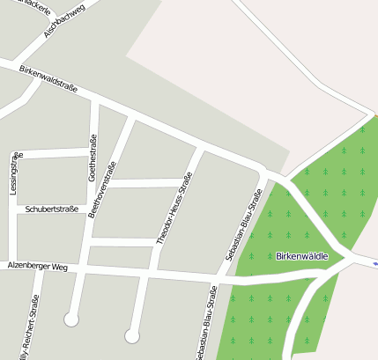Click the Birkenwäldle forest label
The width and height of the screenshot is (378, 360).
pyautogui.click(x=301, y=256)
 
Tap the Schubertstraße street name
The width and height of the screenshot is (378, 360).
pyautogui.click(x=58, y=209)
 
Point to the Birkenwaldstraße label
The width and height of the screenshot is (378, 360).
pyautogui.click(x=48, y=79)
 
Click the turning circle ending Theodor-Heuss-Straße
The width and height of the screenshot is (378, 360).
pyautogui.click(x=132, y=335)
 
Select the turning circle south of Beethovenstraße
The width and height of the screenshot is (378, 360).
pyautogui.click(x=71, y=318)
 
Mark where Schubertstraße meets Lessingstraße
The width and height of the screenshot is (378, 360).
pyautogui.click(x=13, y=210)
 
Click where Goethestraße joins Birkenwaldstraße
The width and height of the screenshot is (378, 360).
pyautogui.click(x=95, y=104)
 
